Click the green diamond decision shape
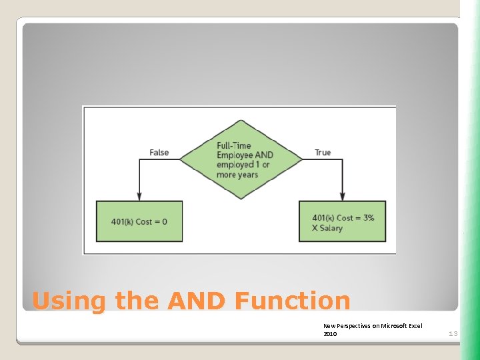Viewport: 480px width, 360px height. [x=239, y=159]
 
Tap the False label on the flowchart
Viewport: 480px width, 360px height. [x=159, y=153]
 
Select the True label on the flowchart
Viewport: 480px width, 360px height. [x=323, y=153]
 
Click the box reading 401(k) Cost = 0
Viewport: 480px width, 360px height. [x=139, y=221]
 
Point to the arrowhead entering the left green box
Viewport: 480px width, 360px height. [x=139, y=197]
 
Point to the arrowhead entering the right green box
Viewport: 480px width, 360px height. [x=343, y=197]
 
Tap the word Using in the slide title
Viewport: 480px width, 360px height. [x=69, y=301]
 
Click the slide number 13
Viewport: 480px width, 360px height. [x=453, y=333]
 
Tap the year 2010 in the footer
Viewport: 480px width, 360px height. [x=330, y=334]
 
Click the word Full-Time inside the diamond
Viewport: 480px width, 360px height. [x=233, y=145]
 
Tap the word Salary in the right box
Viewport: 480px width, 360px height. [x=331, y=228]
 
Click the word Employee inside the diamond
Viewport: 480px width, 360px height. [x=235, y=155]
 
